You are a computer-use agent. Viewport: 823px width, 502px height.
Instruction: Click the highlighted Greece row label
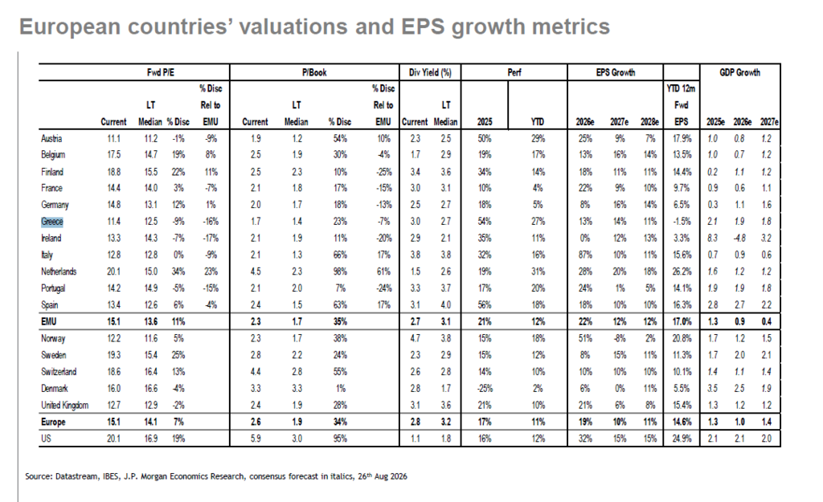(x=52, y=222)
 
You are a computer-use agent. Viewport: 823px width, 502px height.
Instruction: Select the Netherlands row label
(x=59, y=271)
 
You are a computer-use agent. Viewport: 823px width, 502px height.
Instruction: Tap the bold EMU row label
(x=49, y=321)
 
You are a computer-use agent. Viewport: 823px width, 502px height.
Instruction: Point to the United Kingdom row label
(x=65, y=406)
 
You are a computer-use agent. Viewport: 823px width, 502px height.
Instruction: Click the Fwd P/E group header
(x=161, y=72)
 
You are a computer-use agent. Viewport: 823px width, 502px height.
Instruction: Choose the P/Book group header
(x=314, y=72)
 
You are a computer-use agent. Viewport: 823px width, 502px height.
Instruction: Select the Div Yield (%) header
(x=430, y=72)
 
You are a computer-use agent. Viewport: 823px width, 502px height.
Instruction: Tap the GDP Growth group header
(x=739, y=72)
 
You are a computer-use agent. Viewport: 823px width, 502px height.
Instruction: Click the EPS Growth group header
(x=615, y=72)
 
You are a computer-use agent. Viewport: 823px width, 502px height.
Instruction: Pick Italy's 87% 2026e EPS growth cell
(x=585, y=255)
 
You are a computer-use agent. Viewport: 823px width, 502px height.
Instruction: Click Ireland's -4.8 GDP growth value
(x=739, y=238)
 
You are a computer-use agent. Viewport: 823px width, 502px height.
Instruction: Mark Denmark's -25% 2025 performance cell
(x=485, y=389)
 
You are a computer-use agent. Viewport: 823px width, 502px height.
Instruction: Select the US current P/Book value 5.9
(x=256, y=439)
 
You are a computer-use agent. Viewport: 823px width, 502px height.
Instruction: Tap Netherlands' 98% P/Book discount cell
(x=340, y=271)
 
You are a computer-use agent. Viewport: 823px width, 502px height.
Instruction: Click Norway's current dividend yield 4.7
(x=416, y=338)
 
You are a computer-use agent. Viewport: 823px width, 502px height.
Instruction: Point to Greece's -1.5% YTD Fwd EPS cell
(x=682, y=222)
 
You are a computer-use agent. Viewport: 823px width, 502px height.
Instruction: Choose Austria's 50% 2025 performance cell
(x=485, y=138)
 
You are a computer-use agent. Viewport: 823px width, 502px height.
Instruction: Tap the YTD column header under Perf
(x=538, y=122)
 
